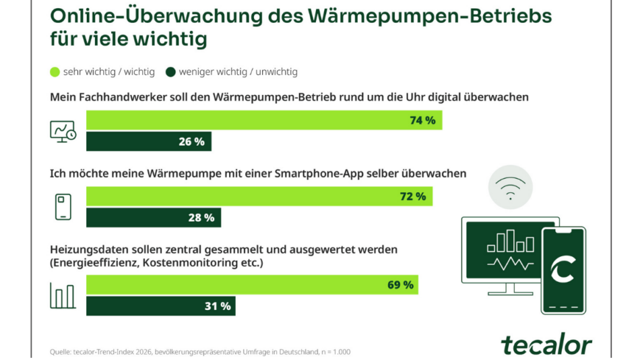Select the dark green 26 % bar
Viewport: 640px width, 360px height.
(x=149, y=142)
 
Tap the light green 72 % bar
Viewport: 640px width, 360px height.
(x=259, y=196)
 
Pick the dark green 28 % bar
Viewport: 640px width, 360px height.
(x=154, y=218)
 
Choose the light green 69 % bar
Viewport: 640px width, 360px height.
(x=252, y=284)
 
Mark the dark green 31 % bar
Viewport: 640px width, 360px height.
(x=161, y=306)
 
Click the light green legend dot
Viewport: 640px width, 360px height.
(x=55, y=71)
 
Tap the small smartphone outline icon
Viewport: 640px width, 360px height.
(x=63, y=206)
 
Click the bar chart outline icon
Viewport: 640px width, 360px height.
(x=63, y=295)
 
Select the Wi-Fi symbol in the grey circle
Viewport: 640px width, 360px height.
(x=510, y=188)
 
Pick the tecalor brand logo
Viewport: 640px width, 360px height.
(x=546, y=344)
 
